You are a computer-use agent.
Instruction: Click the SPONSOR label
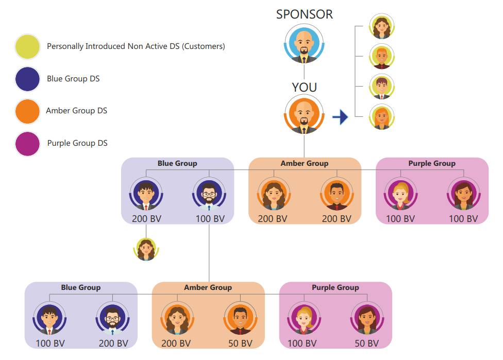click(305, 14)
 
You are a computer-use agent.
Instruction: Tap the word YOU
click(305, 88)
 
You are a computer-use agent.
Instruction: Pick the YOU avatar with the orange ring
click(304, 116)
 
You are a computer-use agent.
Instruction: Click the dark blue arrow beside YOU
click(340, 117)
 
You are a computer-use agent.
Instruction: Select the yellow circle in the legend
click(28, 46)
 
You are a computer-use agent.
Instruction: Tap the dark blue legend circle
click(28, 79)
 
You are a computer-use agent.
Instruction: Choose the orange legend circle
click(28, 111)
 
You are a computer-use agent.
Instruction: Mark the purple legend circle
click(28, 144)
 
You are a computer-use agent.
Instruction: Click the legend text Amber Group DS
click(76, 111)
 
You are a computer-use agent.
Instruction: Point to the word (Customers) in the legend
click(205, 46)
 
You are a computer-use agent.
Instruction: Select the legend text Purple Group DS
click(77, 143)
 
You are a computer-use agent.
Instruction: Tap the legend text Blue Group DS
click(73, 79)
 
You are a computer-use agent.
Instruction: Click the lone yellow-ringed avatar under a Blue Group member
click(146, 250)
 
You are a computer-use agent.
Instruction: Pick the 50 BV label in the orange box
click(240, 344)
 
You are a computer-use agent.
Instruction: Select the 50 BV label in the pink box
click(366, 344)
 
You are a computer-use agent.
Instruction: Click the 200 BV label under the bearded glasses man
click(113, 344)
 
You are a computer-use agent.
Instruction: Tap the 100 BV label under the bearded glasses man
click(210, 219)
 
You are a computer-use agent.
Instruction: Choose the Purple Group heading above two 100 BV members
click(432, 163)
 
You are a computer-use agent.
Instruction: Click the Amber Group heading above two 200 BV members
click(305, 163)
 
